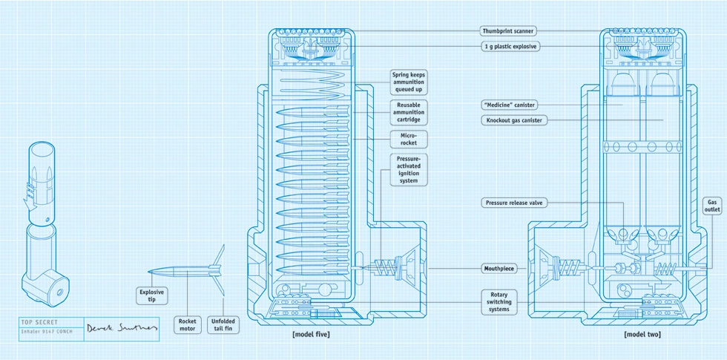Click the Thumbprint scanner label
click(508, 31)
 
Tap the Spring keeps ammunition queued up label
click(409, 82)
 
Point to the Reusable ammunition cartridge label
click(409, 112)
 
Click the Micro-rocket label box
click(409, 139)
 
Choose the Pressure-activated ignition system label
click(409, 170)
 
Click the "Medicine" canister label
click(510, 105)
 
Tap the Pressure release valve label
click(516, 202)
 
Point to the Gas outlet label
click(712, 206)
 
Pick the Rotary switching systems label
click(499, 301)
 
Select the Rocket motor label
click(187, 324)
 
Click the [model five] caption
click(311, 335)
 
